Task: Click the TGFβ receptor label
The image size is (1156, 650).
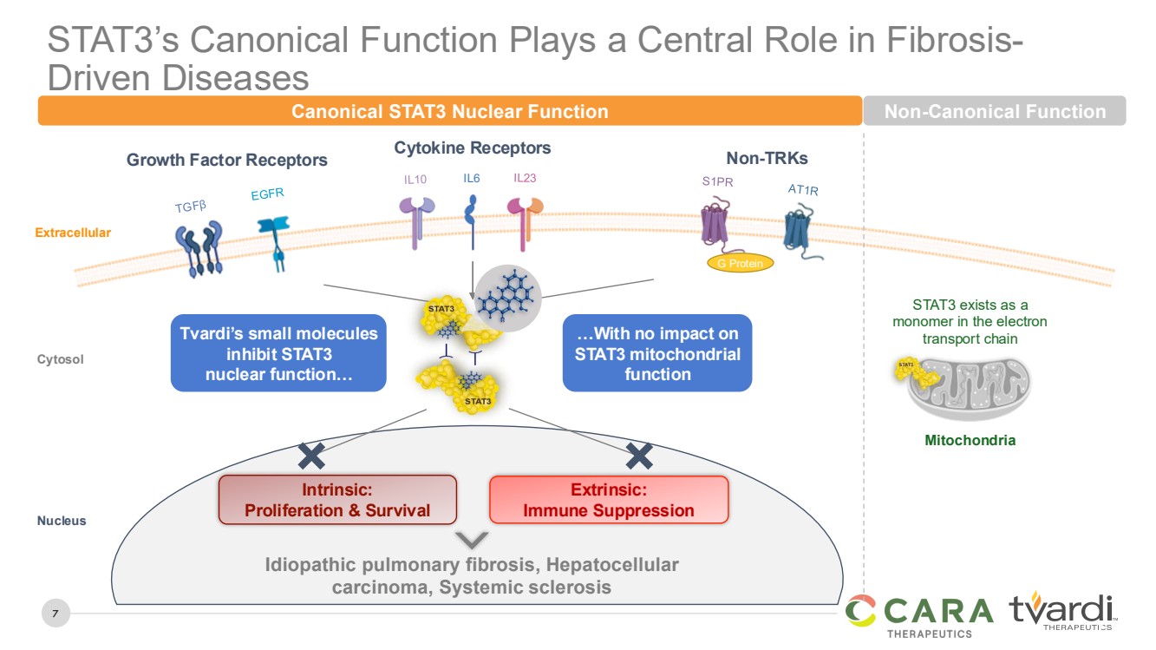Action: click(x=191, y=206)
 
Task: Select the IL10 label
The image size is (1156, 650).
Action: click(x=416, y=180)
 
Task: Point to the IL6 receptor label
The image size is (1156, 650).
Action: click(x=471, y=179)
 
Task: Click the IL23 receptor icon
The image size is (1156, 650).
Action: click(x=525, y=221)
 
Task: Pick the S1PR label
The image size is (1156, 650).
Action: click(x=717, y=182)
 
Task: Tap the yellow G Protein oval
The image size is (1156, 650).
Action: click(x=741, y=263)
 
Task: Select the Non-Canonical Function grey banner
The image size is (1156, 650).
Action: click(x=995, y=111)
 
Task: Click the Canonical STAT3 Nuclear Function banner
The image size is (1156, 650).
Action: click(x=449, y=111)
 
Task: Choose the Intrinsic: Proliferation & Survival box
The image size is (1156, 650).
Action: click(x=337, y=500)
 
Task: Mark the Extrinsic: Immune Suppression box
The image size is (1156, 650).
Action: click(x=609, y=500)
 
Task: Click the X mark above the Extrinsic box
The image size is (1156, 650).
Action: click(x=639, y=456)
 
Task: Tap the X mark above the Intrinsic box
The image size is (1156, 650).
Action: click(x=311, y=456)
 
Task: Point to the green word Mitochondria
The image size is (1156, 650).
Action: click(x=970, y=440)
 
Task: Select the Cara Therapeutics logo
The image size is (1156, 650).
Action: click(x=919, y=614)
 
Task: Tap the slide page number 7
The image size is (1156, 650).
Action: click(x=55, y=614)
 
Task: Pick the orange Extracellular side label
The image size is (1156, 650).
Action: click(x=73, y=233)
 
